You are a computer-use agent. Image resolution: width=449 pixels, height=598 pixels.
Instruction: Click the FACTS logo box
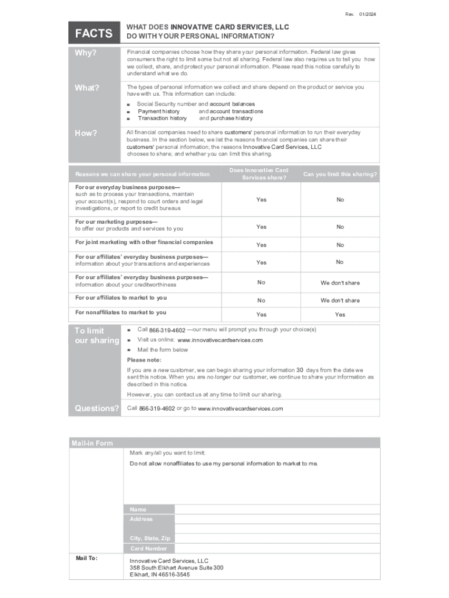93,33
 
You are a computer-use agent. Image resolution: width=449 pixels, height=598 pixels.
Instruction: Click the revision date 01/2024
367,13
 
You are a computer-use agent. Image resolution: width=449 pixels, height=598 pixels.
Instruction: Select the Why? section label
85,54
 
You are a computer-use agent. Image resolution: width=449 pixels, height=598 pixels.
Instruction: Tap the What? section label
87,88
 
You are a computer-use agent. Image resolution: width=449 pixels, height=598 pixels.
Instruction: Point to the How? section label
86,134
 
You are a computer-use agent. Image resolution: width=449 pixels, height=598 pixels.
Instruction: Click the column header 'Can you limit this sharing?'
339,174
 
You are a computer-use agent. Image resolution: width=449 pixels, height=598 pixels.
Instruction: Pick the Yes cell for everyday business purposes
261,200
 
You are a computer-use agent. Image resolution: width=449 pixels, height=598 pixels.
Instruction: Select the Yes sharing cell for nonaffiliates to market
261,315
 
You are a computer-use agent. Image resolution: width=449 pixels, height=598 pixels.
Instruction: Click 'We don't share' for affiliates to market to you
340,301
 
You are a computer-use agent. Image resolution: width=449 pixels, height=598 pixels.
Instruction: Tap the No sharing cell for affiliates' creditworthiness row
261,283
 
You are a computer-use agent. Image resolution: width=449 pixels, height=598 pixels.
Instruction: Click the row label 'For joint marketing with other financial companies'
144,242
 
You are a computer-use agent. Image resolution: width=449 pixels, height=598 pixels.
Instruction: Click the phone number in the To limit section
167,331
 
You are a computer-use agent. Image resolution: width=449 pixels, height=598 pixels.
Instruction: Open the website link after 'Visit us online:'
220,340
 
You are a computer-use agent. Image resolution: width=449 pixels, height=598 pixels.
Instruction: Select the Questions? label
97,408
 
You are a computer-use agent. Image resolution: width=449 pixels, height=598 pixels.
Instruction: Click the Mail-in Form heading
92,443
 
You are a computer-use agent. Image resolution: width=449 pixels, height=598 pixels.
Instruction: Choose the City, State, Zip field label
150,538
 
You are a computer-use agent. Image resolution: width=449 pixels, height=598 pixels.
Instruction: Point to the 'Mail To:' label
86,559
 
